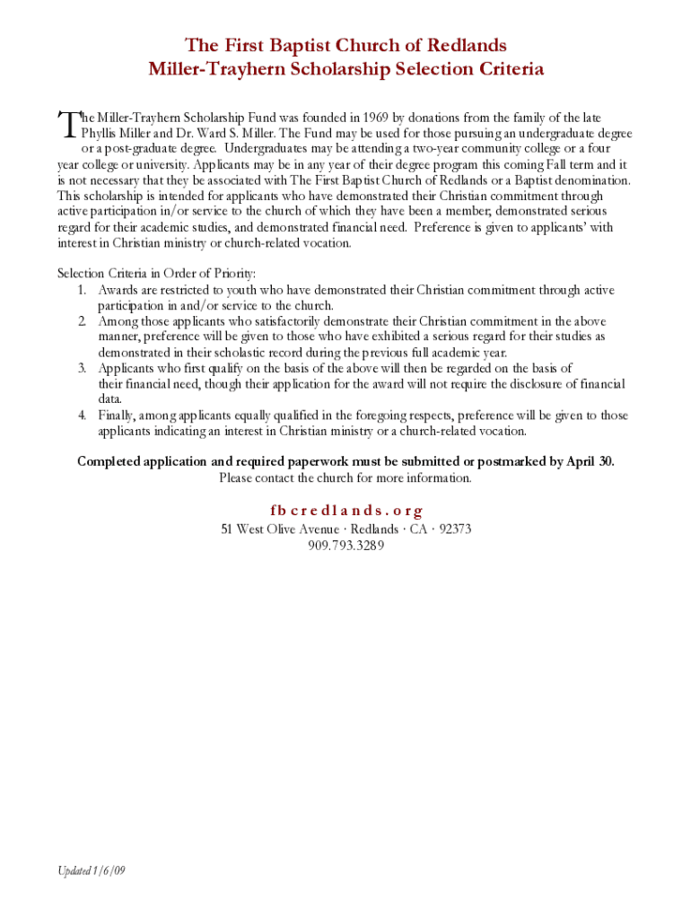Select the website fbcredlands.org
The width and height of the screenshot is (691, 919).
coord(345,511)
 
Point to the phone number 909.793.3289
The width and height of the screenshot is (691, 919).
coord(345,545)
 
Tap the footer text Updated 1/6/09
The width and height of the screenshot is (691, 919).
coord(91,871)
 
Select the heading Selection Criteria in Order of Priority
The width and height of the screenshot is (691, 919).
coord(157,273)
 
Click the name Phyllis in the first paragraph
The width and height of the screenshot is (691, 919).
coord(101,134)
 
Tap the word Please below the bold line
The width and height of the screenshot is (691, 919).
coord(237,477)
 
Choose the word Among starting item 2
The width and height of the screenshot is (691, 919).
coord(118,320)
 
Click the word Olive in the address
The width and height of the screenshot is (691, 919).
coord(283,529)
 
